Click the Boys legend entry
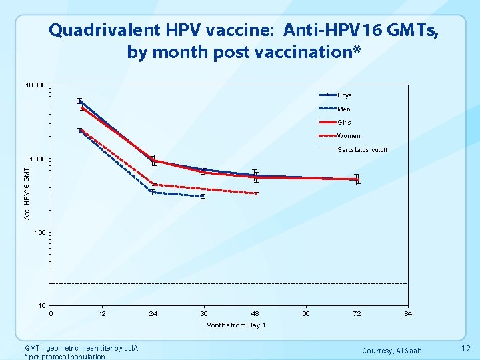pyautogui.click(x=345, y=95)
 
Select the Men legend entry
pyautogui.click(x=344, y=109)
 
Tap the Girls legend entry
pyautogui.click(x=344, y=122)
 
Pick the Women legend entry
pyautogui.click(x=349, y=136)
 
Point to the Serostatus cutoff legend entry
pyautogui.click(x=362, y=150)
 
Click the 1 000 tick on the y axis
pyautogui.click(x=37, y=159)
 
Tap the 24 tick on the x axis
pyautogui.click(x=153, y=313)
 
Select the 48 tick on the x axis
pyautogui.click(x=255, y=313)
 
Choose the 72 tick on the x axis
pyautogui.click(x=357, y=313)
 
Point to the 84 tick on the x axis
pyautogui.click(x=408, y=313)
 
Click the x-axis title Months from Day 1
pyautogui.click(x=236, y=325)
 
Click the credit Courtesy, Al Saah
pyautogui.click(x=391, y=351)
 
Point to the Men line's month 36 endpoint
pyautogui.click(x=203, y=197)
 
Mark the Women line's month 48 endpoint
pyautogui.click(x=255, y=193)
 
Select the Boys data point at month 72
pyautogui.click(x=357, y=179)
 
